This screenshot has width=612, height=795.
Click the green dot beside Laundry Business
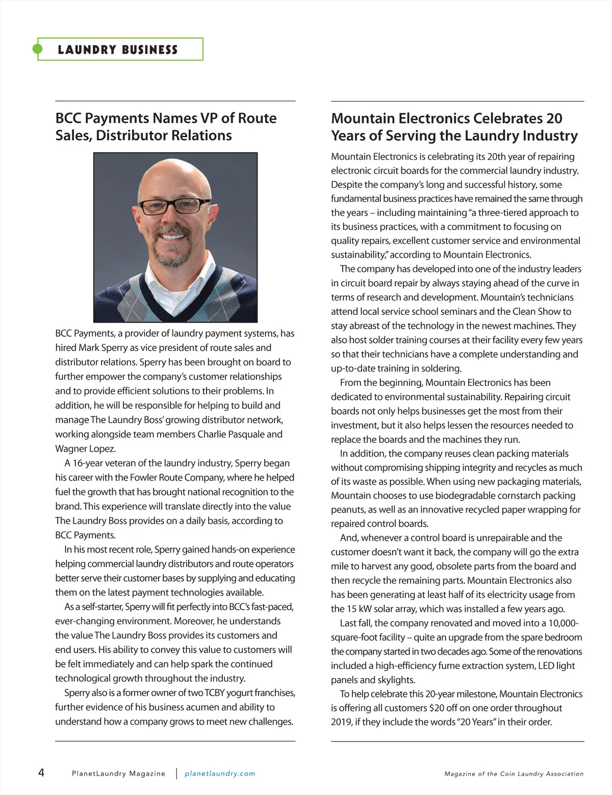coord(37,49)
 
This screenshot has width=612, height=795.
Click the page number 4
coord(41,773)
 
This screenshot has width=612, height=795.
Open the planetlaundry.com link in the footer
coord(220,774)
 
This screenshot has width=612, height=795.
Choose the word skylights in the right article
coord(396,680)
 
